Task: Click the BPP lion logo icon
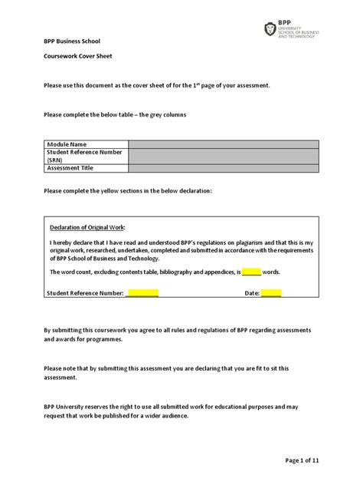(x=269, y=30)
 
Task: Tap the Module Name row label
(x=68, y=144)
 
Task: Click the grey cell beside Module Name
(x=224, y=144)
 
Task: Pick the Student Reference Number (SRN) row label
(x=85, y=157)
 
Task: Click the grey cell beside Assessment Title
(x=224, y=168)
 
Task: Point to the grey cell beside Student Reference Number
(x=224, y=157)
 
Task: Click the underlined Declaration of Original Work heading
(x=87, y=228)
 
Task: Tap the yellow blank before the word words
(x=252, y=272)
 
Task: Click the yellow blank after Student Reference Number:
(x=142, y=293)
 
